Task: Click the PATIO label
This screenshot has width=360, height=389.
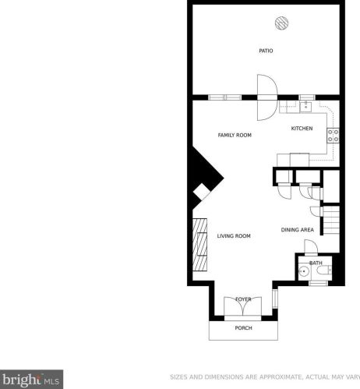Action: tap(266, 51)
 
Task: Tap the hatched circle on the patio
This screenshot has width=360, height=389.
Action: tap(282, 23)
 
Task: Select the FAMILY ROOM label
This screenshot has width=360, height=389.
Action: tap(235, 135)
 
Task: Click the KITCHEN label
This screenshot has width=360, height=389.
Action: tap(302, 129)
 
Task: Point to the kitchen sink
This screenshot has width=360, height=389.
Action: tap(306, 107)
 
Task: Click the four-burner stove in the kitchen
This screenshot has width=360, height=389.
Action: tap(334, 136)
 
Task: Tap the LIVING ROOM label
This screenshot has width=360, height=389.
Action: tap(234, 236)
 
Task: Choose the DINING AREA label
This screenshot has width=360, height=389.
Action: tap(298, 230)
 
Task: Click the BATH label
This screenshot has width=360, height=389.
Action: tap(316, 263)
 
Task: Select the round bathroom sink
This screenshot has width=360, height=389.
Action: tap(303, 271)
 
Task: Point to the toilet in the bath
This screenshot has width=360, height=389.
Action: tap(323, 271)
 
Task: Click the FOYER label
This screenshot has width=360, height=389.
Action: tap(243, 299)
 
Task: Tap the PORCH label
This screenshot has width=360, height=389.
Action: tap(243, 328)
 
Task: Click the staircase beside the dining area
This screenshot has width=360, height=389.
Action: tap(331, 221)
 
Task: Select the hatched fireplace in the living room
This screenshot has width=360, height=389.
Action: tap(199, 245)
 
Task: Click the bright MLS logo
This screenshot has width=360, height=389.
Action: tap(31, 380)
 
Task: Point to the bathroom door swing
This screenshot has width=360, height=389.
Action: tap(311, 246)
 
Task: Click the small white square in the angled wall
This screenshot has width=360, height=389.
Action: tap(202, 192)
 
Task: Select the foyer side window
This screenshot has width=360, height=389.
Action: tap(275, 299)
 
